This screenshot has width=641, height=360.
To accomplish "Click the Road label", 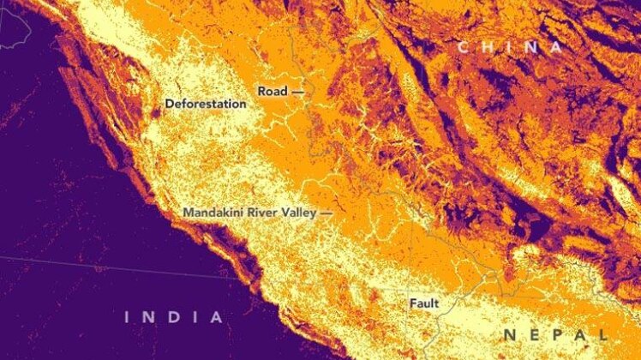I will tap(273, 90).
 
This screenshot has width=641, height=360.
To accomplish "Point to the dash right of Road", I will tap(298, 90).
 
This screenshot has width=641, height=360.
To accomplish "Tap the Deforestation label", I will tap(206, 104).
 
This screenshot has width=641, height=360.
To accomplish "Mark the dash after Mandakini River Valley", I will tap(326, 212).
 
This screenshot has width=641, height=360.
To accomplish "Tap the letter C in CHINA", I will tap(463, 47).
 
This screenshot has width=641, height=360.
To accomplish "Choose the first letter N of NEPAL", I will tap(509, 334).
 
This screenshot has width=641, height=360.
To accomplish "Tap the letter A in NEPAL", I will tap(579, 334).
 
